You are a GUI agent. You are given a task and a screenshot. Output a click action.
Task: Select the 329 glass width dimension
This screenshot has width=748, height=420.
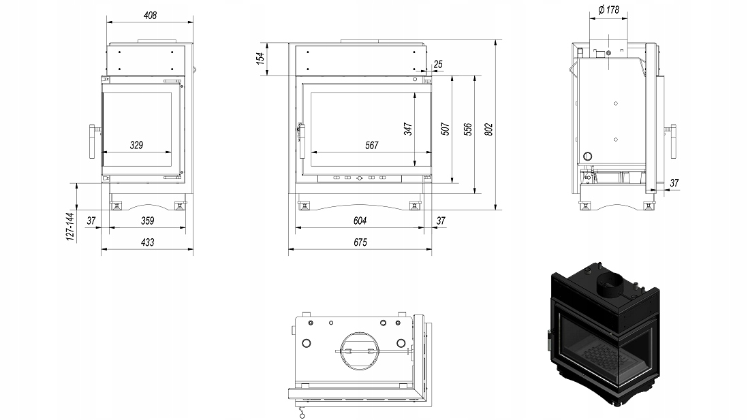pos(136,144)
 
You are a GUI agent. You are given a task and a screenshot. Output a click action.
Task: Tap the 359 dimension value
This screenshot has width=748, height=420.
pos(147,220)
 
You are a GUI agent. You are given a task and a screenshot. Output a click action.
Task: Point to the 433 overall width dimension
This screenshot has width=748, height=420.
pos(147,242)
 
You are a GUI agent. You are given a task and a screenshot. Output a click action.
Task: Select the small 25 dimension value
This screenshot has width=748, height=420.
pos(438,64)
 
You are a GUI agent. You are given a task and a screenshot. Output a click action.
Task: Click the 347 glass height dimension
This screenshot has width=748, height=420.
pos(408,129)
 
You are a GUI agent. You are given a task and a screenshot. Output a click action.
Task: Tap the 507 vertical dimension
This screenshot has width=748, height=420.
pos(444,129)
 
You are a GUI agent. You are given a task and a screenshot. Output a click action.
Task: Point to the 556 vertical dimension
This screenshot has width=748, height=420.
pos(467,129)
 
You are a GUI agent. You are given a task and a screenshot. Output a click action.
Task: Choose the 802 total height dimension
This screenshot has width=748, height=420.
pos(488,129)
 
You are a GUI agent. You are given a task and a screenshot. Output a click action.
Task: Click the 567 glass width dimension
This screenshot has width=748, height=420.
pos(371,144)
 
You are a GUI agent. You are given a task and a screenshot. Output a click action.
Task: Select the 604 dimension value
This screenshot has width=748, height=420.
pos(360,220)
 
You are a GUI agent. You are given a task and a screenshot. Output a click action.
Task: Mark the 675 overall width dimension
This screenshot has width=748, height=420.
pos(360,242)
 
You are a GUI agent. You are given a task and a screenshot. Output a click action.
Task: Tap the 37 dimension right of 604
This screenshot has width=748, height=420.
pos(440,220)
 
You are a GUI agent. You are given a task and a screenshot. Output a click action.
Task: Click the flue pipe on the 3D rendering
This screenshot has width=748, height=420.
pos(610,285)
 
